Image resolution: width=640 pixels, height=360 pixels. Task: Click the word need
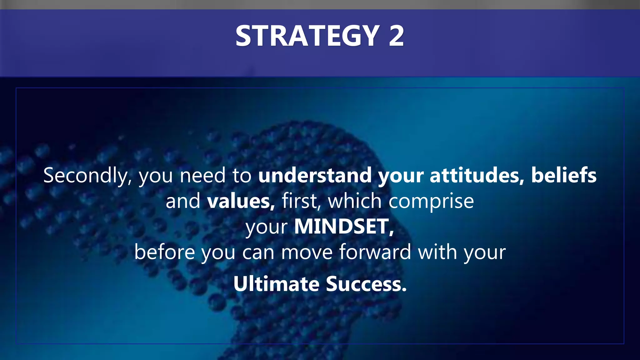[202, 175]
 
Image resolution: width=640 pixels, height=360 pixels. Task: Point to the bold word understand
[315, 175]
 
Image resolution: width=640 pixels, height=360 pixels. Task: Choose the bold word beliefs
[564, 175]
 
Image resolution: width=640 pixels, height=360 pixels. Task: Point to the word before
[165, 252]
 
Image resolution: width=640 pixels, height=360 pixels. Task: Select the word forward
[375, 252]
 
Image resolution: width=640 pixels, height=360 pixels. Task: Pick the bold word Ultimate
[276, 284]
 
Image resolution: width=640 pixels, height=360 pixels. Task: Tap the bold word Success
[366, 284]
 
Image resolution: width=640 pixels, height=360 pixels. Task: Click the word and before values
[183, 201]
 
